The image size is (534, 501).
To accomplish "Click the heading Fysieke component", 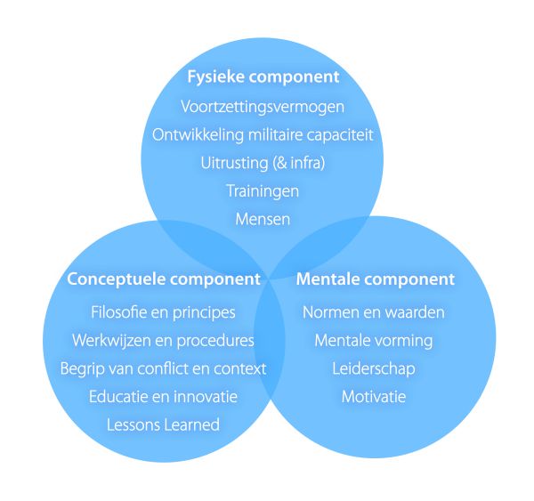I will (x=263, y=77).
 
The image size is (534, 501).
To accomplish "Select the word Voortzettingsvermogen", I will (x=263, y=107).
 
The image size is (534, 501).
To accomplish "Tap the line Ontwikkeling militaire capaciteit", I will (x=263, y=135).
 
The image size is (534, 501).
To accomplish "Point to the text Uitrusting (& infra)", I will (x=263, y=163).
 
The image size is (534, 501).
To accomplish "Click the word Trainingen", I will (x=263, y=190).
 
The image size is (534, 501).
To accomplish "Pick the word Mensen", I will (x=263, y=218).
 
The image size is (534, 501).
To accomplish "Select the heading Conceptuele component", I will (x=164, y=279).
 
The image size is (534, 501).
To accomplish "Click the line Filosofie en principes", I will (x=163, y=312).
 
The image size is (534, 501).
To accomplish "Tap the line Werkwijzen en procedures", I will (x=163, y=340).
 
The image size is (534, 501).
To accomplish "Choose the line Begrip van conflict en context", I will (x=163, y=368).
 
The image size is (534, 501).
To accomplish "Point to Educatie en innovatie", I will (x=163, y=396).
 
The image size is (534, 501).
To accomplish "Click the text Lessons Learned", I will (x=163, y=424).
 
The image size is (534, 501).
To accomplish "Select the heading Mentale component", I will (x=375, y=279).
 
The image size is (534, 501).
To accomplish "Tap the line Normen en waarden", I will (x=374, y=312).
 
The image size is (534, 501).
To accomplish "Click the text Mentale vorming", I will (x=374, y=340).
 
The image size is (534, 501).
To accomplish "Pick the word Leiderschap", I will (x=374, y=368).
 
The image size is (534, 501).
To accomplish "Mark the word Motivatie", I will (x=374, y=396).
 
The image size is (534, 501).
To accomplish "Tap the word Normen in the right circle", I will (x=331, y=312).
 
